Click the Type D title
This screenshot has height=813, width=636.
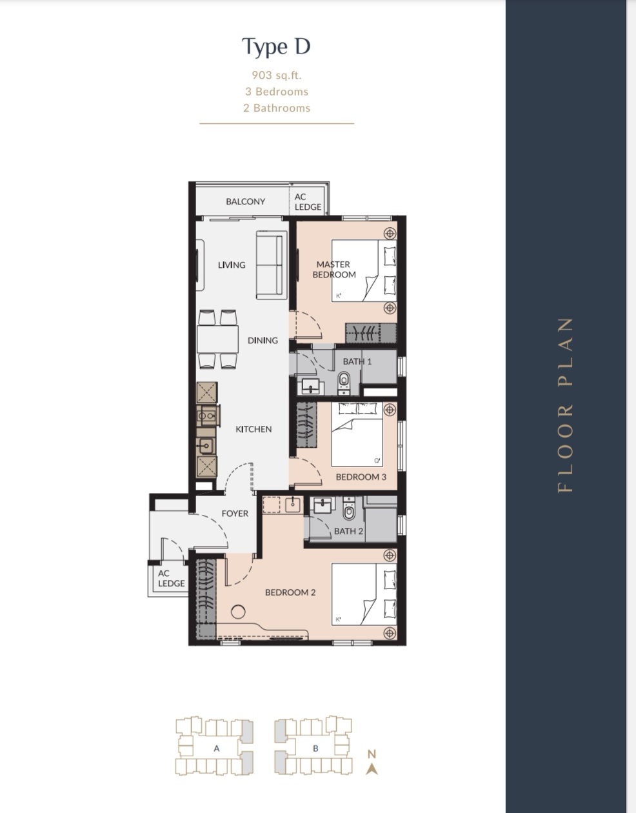click(x=276, y=46)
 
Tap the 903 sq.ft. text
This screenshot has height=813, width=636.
click(x=277, y=75)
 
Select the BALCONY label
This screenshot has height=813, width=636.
click(x=246, y=201)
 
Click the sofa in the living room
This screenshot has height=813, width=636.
click(x=272, y=265)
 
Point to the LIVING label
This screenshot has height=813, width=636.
click(x=232, y=265)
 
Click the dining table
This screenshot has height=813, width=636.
click(x=217, y=339)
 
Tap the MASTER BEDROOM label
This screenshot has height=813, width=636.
click(x=334, y=269)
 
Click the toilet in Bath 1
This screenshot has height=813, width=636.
click(x=344, y=382)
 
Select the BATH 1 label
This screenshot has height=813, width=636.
click(x=357, y=361)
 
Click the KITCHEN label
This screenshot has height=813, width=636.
click(x=253, y=429)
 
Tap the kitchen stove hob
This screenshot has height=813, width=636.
click(x=207, y=416)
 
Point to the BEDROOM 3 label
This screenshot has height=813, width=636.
click(x=361, y=477)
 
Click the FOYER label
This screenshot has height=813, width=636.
click(x=235, y=514)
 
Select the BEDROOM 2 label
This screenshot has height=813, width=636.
click(x=290, y=592)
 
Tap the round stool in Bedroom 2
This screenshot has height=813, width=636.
click(x=238, y=612)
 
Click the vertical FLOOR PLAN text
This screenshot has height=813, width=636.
click(x=565, y=405)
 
